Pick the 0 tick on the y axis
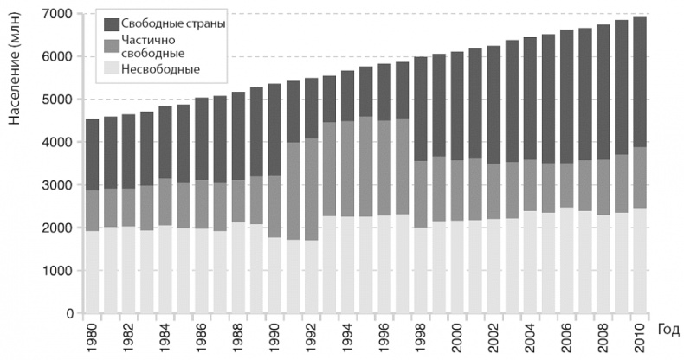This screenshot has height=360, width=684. [70, 313]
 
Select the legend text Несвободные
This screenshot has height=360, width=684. [161, 68]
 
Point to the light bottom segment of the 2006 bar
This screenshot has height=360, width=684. [566, 260]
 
